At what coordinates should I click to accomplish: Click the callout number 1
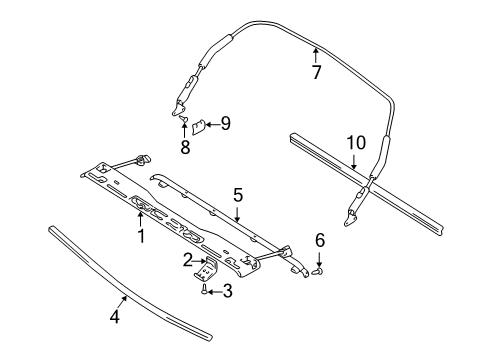point(140,236)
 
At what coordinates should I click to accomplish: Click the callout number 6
point(319,240)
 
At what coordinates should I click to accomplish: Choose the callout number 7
point(316,72)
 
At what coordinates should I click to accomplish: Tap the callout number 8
point(185,146)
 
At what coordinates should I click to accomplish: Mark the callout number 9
point(225,124)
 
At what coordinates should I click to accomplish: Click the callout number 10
point(357,144)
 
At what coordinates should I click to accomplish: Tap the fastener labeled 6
point(319,268)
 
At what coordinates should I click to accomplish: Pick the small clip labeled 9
point(199,126)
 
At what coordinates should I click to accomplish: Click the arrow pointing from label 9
point(212,124)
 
